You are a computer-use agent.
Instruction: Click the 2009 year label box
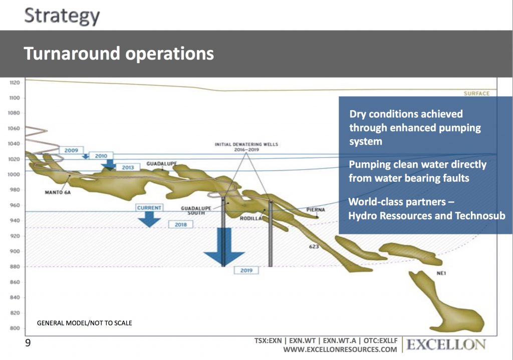pyautogui.click(x=71, y=150)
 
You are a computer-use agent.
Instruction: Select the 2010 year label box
pyautogui.click(x=101, y=156)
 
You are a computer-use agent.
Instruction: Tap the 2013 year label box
pyautogui.click(x=128, y=167)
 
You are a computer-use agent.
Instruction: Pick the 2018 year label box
pyautogui.click(x=180, y=225)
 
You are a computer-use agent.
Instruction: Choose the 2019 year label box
pyautogui.click(x=246, y=270)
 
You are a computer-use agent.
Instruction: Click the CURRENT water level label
pyautogui.click(x=149, y=208)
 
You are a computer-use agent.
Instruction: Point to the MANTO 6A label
pyautogui.click(x=58, y=192)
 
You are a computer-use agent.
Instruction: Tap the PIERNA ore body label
pyautogui.click(x=316, y=210)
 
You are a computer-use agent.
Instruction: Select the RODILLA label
pyautogui.click(x=251, y=218)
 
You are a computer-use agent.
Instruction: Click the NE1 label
pyautogui.click(x=441, y=273)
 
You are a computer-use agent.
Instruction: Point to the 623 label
pyautogui.click(x=314, y=246)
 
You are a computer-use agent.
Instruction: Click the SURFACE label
pyautogui.click(x=477, y=94)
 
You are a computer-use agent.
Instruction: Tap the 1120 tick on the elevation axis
pyautogui.click(x=15, y=83)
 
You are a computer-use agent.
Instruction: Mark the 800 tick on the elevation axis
pyautogui.click(x=15, y=328)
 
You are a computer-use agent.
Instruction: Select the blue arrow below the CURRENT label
pyautogui.click(x=149, y=219)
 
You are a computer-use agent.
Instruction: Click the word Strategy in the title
pyautogui.click(x=62, y=16)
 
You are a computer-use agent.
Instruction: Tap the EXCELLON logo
pyautogui.click(x=446, y=344)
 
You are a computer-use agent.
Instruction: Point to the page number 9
pyautogui.click(x=28, y=342)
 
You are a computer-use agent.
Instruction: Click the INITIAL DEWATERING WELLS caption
pyautogui.click(x=246, y=147)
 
